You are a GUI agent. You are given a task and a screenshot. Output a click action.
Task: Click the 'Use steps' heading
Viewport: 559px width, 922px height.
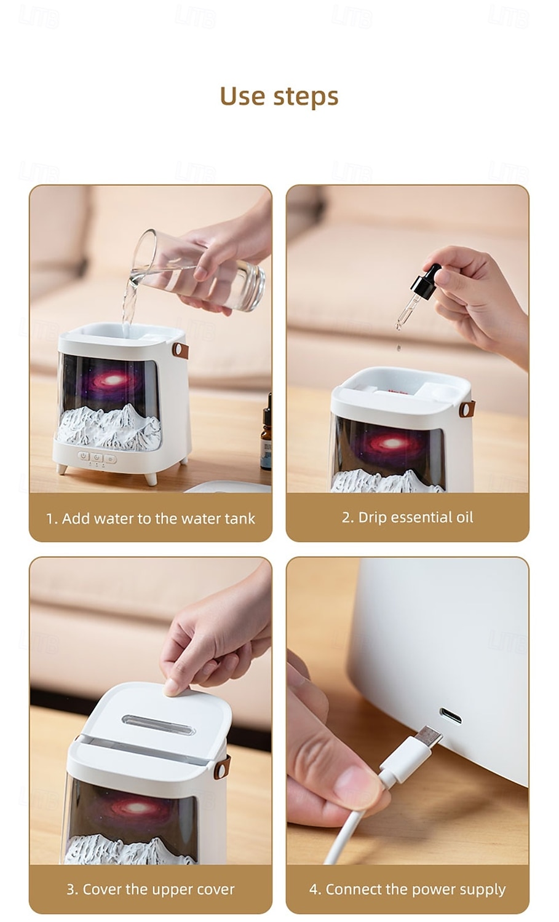point(279,97)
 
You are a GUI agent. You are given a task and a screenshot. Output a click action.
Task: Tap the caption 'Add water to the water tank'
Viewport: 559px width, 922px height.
point(151,519)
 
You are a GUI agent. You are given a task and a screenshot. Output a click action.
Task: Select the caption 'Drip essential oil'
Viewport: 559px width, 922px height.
point(407,518)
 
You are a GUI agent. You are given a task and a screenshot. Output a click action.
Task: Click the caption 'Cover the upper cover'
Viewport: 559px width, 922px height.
point(151,889)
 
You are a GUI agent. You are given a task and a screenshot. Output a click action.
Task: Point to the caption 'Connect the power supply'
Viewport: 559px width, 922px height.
point(407,889)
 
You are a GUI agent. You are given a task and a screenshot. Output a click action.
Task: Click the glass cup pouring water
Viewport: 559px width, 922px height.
point(203,270)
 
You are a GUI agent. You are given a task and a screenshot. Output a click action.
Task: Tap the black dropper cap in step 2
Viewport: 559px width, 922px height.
point(426,282)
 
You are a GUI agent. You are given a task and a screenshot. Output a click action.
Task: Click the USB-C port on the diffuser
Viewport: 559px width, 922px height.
point(450,716)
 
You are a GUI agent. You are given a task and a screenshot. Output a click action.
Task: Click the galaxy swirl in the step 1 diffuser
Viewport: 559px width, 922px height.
point(111,381)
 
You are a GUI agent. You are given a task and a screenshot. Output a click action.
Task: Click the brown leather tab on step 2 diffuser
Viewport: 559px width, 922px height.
point(467,409)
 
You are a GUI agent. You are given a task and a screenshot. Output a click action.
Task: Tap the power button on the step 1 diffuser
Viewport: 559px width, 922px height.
point(84,457)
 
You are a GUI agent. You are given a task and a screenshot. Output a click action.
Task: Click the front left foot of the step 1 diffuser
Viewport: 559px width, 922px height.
point(61,470)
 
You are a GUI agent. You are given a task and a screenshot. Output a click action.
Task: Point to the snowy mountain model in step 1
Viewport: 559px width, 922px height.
point(111,427)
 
